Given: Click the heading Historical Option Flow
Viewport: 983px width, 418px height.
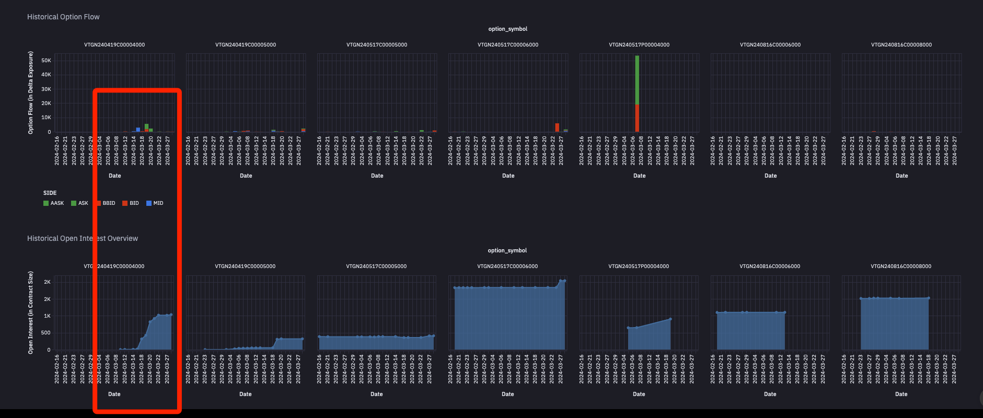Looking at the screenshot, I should tap(63, 17).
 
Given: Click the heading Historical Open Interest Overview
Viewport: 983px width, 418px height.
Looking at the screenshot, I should tap(83, 238).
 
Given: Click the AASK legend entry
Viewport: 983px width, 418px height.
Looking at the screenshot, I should tap(53, 203).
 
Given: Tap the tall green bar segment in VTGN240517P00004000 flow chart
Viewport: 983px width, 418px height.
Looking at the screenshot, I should tap(637, 79).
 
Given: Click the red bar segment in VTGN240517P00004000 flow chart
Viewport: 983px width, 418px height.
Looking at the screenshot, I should tap(637, 118).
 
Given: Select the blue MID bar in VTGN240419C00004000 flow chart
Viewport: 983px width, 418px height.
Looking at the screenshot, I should tap(138, 130).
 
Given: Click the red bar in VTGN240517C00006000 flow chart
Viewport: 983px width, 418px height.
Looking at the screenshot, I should tap(557, 127).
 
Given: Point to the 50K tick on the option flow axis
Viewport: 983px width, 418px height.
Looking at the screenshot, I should tap(46, 61).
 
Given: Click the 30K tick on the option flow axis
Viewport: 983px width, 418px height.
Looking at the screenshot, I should tap(46, 89).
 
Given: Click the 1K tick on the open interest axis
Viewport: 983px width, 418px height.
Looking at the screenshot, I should tap(47, 316).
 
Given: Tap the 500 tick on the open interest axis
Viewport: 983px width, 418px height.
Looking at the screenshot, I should tap(46, 333).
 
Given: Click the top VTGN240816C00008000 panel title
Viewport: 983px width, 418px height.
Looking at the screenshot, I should tap(901, 45).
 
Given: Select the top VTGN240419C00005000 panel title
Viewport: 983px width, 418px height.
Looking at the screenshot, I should tap(246, 45).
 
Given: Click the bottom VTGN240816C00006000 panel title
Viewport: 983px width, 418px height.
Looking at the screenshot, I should tap(770, 266).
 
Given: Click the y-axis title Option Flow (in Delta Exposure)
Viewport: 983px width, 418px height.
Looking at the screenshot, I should tap(30, 92).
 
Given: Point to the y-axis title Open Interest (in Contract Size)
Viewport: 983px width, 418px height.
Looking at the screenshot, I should tap(30, 312).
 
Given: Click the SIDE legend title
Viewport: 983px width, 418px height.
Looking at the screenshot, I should tap(50, 193).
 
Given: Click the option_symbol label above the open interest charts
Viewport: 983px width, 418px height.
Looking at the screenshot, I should tap(507, 250).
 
